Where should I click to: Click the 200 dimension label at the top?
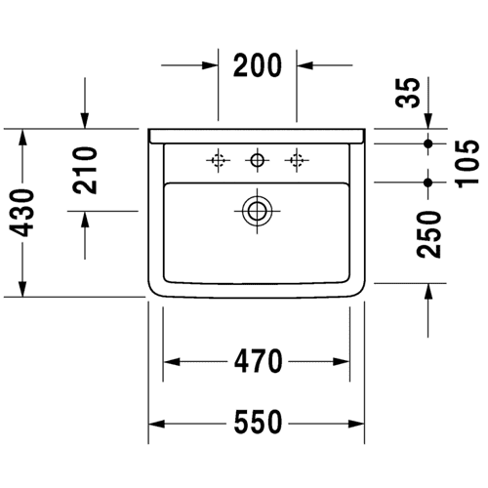257,65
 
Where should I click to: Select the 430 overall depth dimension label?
21,213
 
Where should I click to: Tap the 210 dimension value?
85,171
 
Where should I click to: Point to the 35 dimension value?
408,93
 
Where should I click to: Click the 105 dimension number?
468,164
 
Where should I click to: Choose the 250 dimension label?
428,234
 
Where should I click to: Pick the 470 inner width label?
258,361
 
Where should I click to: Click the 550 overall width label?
258,422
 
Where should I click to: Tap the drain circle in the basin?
257,211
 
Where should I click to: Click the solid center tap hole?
257,160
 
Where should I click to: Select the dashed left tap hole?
218,160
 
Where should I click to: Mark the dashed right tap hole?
297,160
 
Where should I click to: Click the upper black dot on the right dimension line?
428,143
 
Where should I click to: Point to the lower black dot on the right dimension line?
428,183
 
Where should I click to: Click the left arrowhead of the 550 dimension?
156,424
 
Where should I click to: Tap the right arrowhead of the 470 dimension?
342,361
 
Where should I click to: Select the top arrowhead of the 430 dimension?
22,137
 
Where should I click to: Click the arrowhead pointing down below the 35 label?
428,121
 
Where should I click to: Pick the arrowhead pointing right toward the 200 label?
210,65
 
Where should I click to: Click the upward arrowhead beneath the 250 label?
428,291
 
